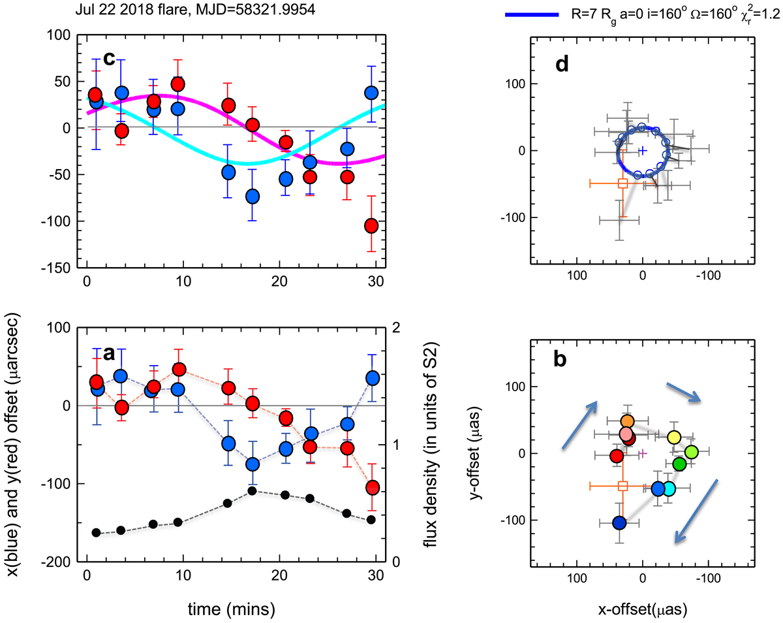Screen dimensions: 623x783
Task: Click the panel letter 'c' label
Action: tap(109, 58)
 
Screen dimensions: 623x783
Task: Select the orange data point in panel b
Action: tap(627, 422)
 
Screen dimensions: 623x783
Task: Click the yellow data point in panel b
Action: tap(674, 437)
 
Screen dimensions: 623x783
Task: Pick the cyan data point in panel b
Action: tap(669, 488)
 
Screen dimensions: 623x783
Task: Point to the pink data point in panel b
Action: tap(626, 434)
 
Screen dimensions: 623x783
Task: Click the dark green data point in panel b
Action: tap(679, 464)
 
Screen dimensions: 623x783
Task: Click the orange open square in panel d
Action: tap(622, 184)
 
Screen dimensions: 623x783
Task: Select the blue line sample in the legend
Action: tap(532, 13)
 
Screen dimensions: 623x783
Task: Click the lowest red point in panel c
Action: tap(371, 225)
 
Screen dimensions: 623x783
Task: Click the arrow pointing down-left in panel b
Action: tap(696, 511)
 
